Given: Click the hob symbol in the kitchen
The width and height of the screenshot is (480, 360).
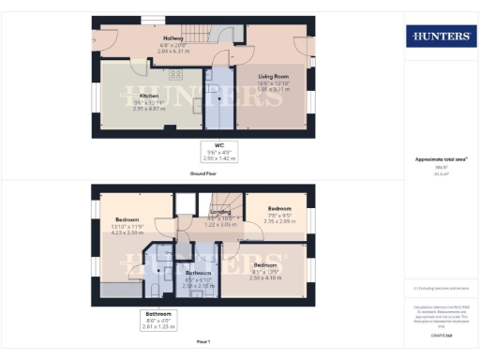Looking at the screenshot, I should coord(176,74).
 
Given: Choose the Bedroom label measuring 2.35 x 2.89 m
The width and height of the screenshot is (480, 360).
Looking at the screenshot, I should coord(279,209).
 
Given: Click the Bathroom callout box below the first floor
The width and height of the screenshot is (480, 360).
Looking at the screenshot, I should coord(157,320).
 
